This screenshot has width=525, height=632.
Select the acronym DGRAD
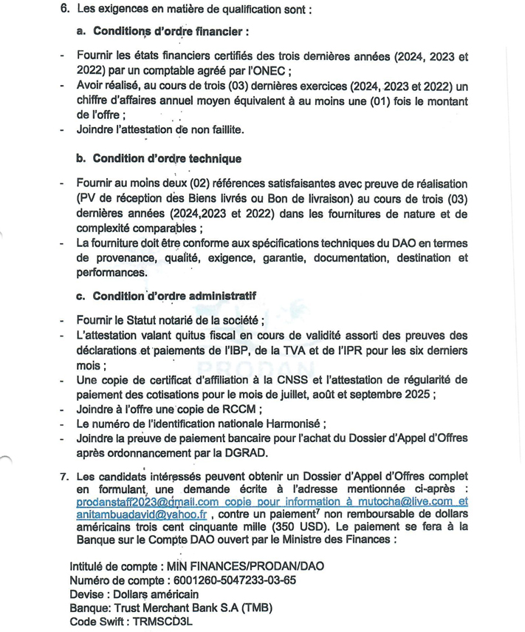[249, 452]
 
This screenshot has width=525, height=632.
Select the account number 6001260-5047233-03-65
[225, 580]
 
